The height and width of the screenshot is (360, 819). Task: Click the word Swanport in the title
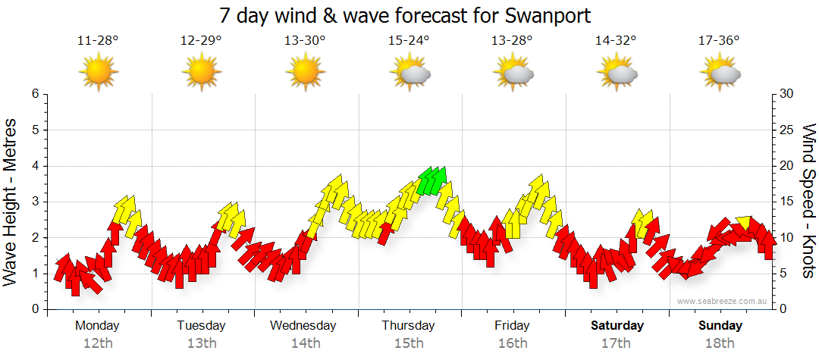point(544,15)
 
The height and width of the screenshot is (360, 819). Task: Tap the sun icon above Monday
point(99,73)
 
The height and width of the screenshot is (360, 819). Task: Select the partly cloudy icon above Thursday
point(410,73)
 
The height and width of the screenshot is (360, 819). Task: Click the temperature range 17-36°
point(719,41)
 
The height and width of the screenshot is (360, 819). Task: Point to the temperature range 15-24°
point(409,41)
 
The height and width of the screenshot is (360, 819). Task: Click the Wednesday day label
point(303,326)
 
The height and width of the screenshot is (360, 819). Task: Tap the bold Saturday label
point(617,326)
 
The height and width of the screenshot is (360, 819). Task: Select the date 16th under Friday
point(513,343)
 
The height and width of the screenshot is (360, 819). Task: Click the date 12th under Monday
point(98,343)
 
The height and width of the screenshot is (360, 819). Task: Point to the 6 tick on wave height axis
point(35,94)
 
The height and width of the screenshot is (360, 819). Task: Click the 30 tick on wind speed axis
point(787,94)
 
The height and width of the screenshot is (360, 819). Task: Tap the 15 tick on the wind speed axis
point(787,202)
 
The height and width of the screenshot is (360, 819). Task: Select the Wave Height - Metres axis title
point(11,202)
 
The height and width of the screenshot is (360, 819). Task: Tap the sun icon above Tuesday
point(202,73)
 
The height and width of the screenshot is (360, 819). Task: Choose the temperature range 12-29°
point(201,41)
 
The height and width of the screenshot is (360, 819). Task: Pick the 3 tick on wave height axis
point(35,202)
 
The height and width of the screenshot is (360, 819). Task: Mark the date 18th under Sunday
point(720,343)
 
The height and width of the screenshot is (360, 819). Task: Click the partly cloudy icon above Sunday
point(721,73)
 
